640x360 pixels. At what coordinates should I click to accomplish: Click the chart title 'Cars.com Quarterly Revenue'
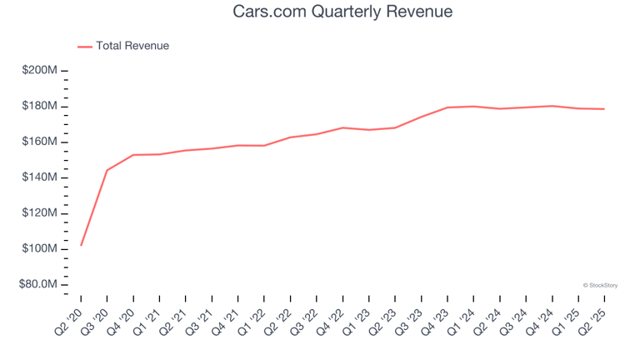tap(320, 12)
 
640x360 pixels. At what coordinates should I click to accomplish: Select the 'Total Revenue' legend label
tap(132, 46)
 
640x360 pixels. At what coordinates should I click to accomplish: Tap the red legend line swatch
tap(85, 47)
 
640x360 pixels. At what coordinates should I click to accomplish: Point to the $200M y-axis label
tap(40, 71)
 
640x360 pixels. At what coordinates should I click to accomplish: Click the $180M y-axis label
tap(40, 107)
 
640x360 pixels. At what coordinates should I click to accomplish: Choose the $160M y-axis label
tap(40, 142)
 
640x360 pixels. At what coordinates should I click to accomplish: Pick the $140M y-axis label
tap(40, 177)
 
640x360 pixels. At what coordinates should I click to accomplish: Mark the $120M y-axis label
tap(40, 213)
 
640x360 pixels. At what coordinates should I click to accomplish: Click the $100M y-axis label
tap(40, 249)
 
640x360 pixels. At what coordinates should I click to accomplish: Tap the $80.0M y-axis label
tap(40, 285)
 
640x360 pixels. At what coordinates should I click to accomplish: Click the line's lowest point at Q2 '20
tap(81, 245)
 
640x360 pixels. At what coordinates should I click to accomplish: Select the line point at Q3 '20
tap(107, 170)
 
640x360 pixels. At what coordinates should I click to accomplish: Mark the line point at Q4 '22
tap(342, 127)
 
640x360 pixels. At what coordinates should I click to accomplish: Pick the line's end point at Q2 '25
tap(604, 109)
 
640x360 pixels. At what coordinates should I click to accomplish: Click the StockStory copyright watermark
tap(600, 285)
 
